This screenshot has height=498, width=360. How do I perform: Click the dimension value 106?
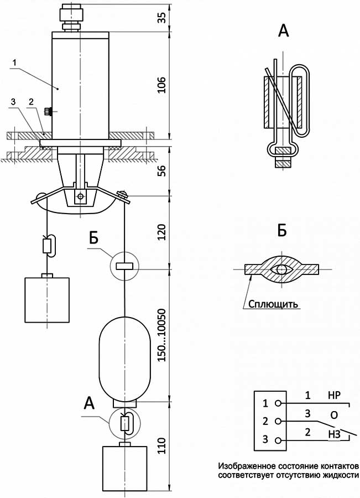click(162, 85)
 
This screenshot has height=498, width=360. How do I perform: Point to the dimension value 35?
click(162, 18)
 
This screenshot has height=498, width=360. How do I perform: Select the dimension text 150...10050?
click(162, 335)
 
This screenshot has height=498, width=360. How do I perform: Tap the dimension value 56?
click(162, 171)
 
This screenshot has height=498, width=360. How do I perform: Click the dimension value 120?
click(162, 232)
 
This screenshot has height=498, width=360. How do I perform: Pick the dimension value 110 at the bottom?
click(162, 445)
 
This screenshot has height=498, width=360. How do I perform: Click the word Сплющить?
click(273, 304)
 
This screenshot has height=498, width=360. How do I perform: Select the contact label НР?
click(334, 396)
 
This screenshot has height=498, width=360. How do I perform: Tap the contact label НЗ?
click(334, 435)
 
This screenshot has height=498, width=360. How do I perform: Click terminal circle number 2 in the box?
click(278, 422)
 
